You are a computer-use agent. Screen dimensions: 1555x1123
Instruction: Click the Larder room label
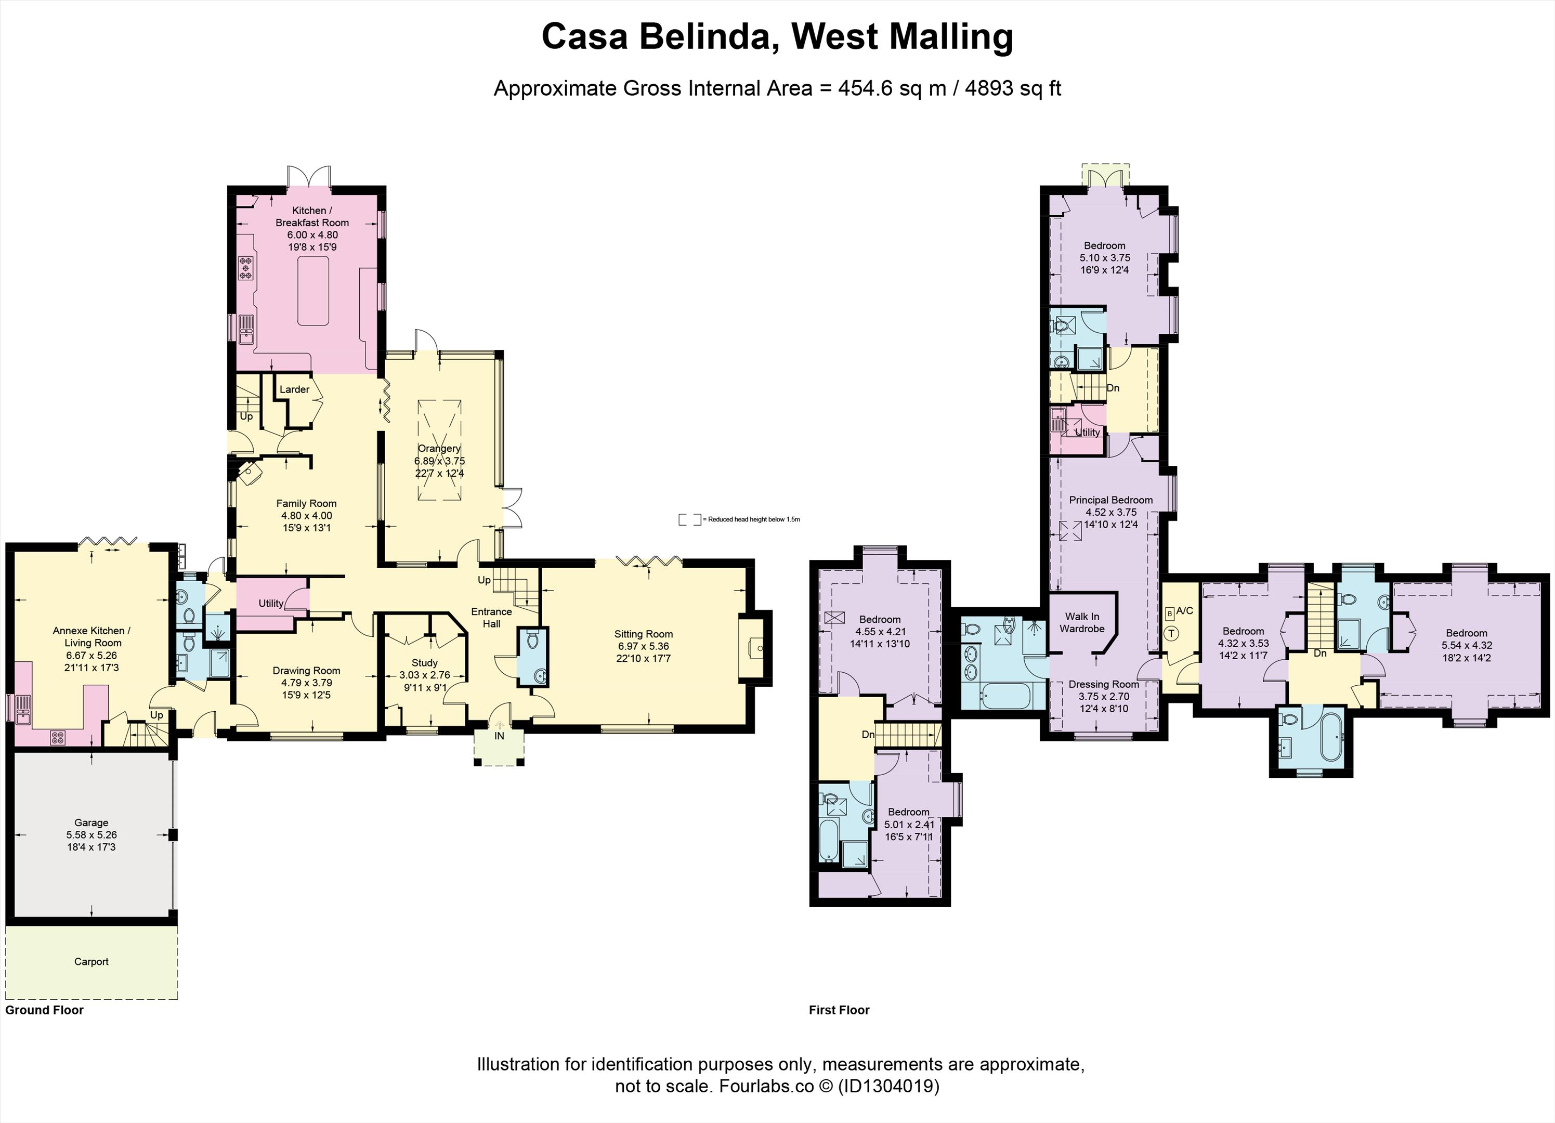[x=294, y=389]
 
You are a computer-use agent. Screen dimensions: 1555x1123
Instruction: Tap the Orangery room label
[x=439, y=448]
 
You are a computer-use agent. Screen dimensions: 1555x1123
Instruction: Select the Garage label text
[x=91, y=822]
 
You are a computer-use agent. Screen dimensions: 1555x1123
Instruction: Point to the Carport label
[x=91, y=961]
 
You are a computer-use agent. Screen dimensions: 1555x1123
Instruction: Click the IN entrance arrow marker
[x=499, y=725]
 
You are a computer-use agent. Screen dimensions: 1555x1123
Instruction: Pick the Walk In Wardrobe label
[x=1082, y=622]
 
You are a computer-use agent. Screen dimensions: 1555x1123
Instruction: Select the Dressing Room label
[x=1104, y=684]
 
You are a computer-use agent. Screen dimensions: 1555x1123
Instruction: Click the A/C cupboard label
[x=1184, y=611]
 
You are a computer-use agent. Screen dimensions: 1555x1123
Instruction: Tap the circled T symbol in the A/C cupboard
[x=1171, y=633]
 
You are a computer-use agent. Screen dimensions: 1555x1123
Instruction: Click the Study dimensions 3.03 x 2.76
[x=424, y=675]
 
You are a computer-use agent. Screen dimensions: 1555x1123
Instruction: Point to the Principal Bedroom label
[x=1110, y=500]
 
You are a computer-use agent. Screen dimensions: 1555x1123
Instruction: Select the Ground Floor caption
[x=45, y=1010]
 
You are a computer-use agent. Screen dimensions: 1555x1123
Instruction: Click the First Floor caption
[x=839, y=1010]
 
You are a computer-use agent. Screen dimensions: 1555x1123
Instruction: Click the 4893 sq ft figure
[x=1013, y=88]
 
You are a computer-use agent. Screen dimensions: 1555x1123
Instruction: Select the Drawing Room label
[x=306, y=671]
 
